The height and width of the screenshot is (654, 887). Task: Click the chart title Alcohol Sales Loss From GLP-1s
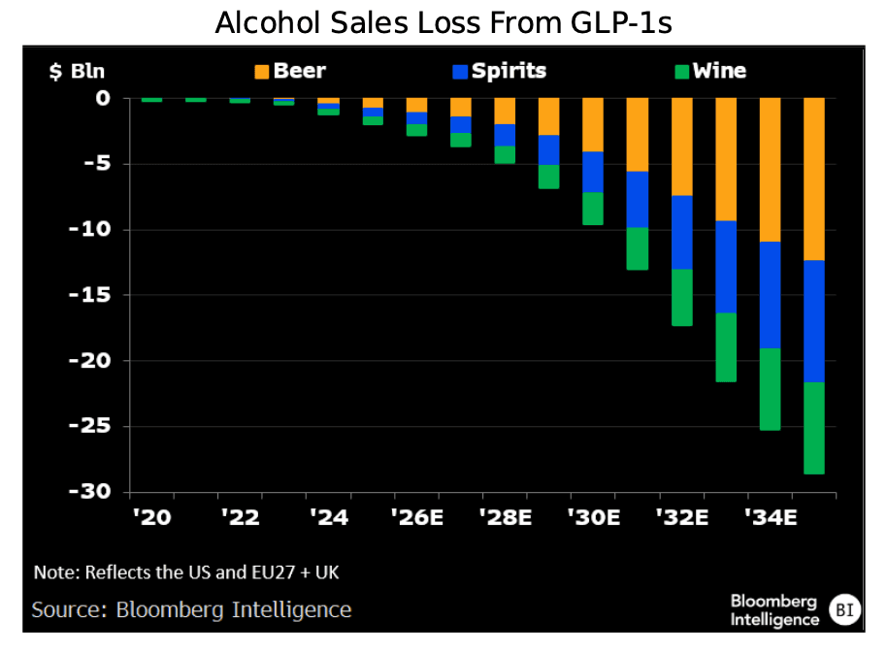click(x=443, y=22)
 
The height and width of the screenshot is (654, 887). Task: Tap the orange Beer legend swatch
click(x=261, y=71)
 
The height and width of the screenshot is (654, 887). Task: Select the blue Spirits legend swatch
click(x=460, y=71)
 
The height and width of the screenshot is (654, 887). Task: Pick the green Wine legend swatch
click(x=681, y=71)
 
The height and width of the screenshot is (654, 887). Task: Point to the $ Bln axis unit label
click(x=77, y=71)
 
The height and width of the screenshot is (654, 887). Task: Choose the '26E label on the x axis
click(x=416, y=517)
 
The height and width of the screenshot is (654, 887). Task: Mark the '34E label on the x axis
click(x=771, y=517)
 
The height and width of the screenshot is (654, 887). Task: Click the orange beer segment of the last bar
click(x=814, y=179)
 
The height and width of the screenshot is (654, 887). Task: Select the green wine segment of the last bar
click(x=814, y=428)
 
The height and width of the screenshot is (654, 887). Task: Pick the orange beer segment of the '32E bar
click(x=682, y=147)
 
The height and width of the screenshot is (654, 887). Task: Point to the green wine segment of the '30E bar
click(x=593, y=209)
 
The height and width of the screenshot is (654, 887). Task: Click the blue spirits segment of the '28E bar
click(x=505, y=135)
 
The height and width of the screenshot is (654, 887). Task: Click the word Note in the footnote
click(x=52, y=572)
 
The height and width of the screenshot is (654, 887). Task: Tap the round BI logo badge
click(x=845, y=610)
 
